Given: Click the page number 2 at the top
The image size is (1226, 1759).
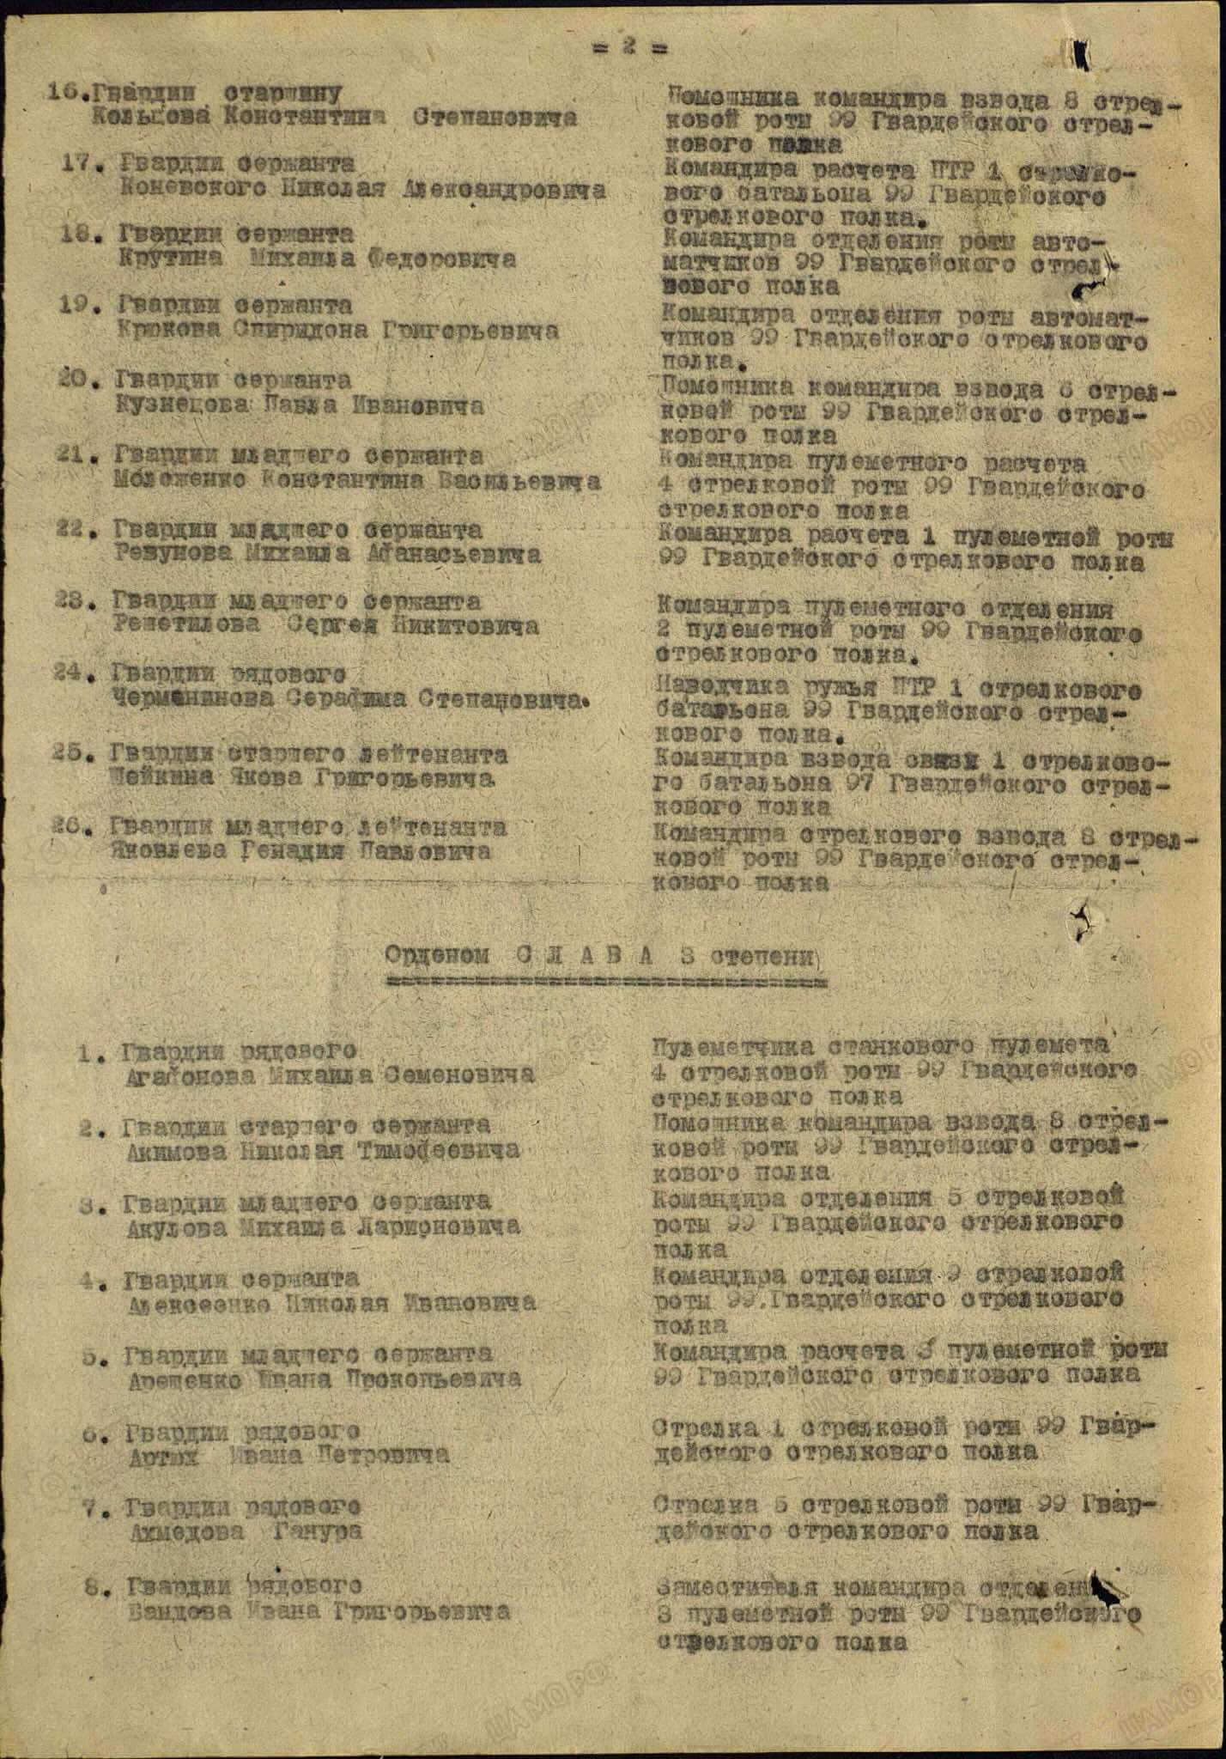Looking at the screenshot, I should (x=630, y=48).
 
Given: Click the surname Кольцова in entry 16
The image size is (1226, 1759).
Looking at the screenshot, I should (x=151, y=118).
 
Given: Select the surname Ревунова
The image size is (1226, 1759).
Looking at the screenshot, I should (x=172, y=554).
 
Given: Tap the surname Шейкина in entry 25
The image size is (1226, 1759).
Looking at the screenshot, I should (x=159, y=778).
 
